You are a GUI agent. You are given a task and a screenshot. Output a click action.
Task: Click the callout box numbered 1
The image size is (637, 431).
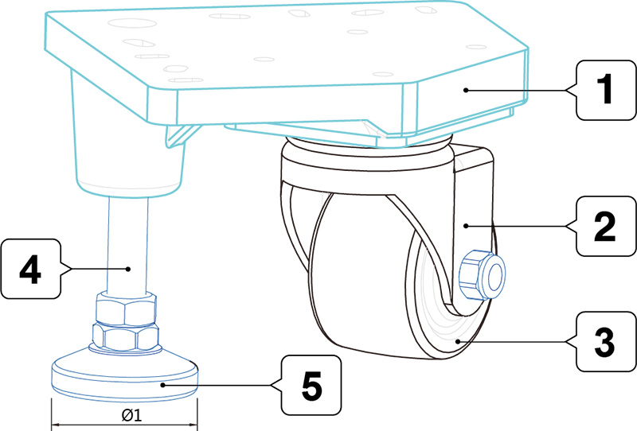[606, 90]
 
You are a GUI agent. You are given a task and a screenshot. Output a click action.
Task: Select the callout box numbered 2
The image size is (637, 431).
[606, 226]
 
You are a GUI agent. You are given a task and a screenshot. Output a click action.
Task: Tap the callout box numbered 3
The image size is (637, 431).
[606, 341]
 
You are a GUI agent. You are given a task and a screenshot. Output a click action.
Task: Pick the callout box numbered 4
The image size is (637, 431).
[30, 269]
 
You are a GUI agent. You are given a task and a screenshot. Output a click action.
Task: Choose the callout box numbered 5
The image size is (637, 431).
[311, 385]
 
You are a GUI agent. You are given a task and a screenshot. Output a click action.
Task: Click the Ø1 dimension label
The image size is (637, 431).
[131, 415]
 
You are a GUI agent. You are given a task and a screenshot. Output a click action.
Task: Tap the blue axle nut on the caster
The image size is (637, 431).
[482, 275]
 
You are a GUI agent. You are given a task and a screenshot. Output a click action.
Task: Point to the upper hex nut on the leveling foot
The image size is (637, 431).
[126, 309]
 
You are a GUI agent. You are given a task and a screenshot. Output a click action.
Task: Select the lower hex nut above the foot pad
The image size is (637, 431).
[126, 336]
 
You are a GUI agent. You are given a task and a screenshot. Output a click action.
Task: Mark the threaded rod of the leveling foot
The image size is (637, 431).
[128, 244]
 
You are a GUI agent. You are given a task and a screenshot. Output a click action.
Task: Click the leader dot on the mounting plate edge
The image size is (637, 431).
[466, 90]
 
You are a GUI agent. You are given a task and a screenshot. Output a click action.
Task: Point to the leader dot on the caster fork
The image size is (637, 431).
[467, 226]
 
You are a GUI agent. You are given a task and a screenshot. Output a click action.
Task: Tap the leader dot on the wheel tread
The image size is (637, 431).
[459, 341]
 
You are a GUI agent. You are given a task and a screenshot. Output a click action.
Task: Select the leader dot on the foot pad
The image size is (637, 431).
[162, 385]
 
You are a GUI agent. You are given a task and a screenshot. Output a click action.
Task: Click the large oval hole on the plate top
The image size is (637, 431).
[132, 23]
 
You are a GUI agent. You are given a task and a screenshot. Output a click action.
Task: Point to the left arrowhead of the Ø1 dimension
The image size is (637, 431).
[54, 425]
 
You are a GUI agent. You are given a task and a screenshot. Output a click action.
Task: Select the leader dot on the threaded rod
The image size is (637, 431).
[128, 268]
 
